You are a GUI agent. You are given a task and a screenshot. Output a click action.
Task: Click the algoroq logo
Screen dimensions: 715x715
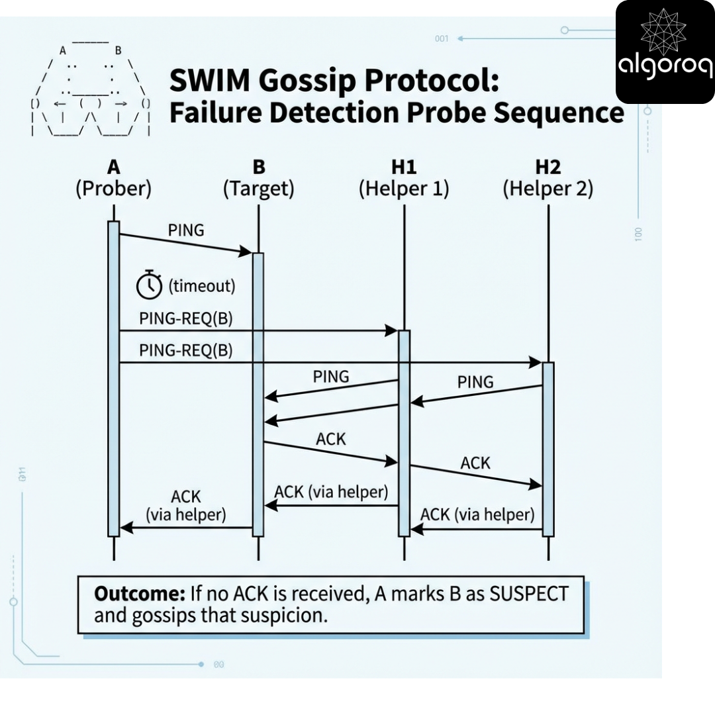pos(665,52)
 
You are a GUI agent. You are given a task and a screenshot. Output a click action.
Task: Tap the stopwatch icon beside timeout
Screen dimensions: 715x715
pos(149,285)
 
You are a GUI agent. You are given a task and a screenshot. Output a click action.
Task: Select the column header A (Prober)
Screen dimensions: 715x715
pos(113,178)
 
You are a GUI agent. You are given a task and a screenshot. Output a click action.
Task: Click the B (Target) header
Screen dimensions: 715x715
pos(258,178)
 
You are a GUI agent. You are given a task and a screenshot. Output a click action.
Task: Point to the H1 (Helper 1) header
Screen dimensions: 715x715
pos(404,178)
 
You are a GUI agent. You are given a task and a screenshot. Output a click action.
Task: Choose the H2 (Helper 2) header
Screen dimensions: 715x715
pos(548,178)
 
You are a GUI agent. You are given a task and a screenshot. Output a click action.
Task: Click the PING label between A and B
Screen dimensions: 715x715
pos(186,230)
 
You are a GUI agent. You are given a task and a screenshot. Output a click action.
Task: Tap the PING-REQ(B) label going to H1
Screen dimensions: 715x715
pos(186,318)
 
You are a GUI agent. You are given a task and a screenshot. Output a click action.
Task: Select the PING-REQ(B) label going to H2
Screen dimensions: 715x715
pos(186,350)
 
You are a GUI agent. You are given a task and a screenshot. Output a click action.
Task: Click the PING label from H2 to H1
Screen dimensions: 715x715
pos(475,381)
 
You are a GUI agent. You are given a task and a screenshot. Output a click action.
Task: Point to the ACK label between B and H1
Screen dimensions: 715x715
pos(331,438)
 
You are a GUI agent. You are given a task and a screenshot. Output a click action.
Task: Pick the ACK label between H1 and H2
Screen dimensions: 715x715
pos(475,462)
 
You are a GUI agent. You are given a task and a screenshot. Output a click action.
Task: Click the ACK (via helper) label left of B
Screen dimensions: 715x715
pos(186,504)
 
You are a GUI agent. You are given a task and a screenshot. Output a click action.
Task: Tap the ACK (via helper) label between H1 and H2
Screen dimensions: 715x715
pos(477,514)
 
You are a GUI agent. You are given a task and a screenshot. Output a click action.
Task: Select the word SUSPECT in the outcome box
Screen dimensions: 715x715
pos(528,593)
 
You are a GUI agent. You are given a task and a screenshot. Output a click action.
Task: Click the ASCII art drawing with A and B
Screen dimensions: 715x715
pos(91,89)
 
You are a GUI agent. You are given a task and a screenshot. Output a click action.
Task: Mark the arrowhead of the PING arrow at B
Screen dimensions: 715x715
pos(247,252)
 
